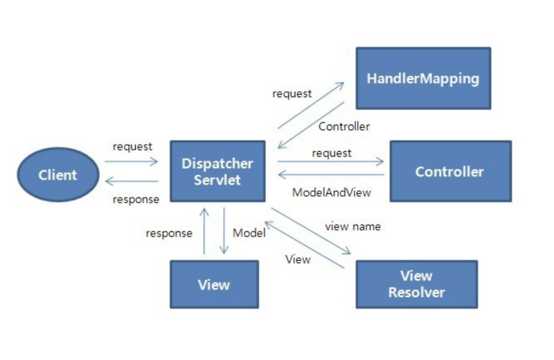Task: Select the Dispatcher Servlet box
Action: click(x=217, y=172)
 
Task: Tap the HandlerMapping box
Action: click(x=422, y=78)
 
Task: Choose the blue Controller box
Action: click(x=449, y=171)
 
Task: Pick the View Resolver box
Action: click(x=416, y=284)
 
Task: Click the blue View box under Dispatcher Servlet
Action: click(x=214, y=285)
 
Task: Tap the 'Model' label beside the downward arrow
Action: click(x=249, y=233)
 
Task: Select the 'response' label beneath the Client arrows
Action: click(x=136, y=199)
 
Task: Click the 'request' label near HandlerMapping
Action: click(x=292, y=93)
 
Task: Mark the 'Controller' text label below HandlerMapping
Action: click(x=344, y=127)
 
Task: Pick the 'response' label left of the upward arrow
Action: click(x=169, y=233)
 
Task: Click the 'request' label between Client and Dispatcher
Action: click(x=132, y=147)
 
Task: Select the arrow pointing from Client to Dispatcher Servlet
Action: click(x=132, y=163)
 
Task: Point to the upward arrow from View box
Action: click(x=204, y=232)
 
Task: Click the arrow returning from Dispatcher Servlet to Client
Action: click(x=132, y=181)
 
